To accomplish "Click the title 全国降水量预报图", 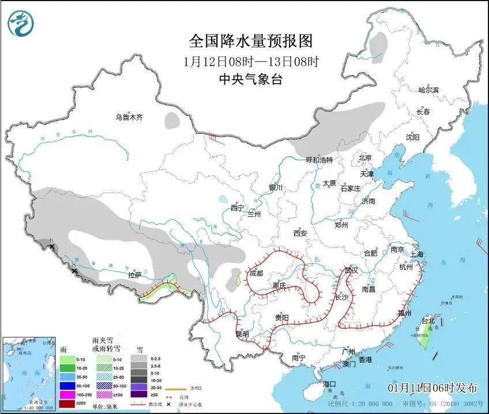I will point(250,42).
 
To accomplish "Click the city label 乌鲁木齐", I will point(128,118).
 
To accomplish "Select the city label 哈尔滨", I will point(428,90).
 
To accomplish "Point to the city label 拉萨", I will point(134,276).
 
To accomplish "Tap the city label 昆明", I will point(242,333).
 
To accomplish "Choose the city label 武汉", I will point(351,270).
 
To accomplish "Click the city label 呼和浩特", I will point(319,160).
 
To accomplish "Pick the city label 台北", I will point(428,321).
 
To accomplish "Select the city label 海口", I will point(329,384).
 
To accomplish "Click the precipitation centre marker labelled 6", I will point(51,247).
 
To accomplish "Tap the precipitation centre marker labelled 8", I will point(74,270).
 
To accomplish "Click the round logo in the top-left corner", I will point(20,23).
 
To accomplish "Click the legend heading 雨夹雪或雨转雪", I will point(106,345).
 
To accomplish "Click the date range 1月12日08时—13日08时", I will point(250,61).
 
